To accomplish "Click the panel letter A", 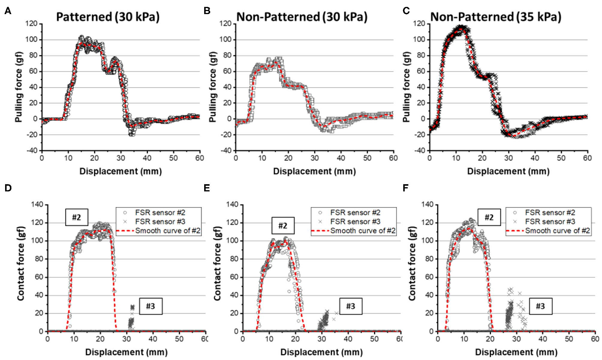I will pos(8,11).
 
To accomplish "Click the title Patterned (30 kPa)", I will pos(108,17).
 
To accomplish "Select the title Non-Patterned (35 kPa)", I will pos(496,17).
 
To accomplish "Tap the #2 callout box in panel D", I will pos(76,217).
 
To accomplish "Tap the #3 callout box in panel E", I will pos(350,306).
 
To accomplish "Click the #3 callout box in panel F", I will pos(540,306).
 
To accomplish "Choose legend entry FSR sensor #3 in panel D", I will pos(160,221).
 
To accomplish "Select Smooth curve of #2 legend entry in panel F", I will pos(557,230).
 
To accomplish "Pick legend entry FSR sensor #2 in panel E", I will pos(355,212).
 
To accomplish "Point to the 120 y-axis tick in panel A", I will pos(31,24).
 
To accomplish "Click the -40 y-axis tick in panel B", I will pos(226,150).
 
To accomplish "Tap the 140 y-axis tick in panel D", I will pos(37,205).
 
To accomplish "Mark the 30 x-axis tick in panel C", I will pos(508,158).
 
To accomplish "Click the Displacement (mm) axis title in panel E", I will pos(321,352).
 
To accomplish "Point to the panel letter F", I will pos(405,188).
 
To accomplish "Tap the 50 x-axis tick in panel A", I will pos(173,158).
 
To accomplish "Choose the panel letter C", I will pos(406,11).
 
